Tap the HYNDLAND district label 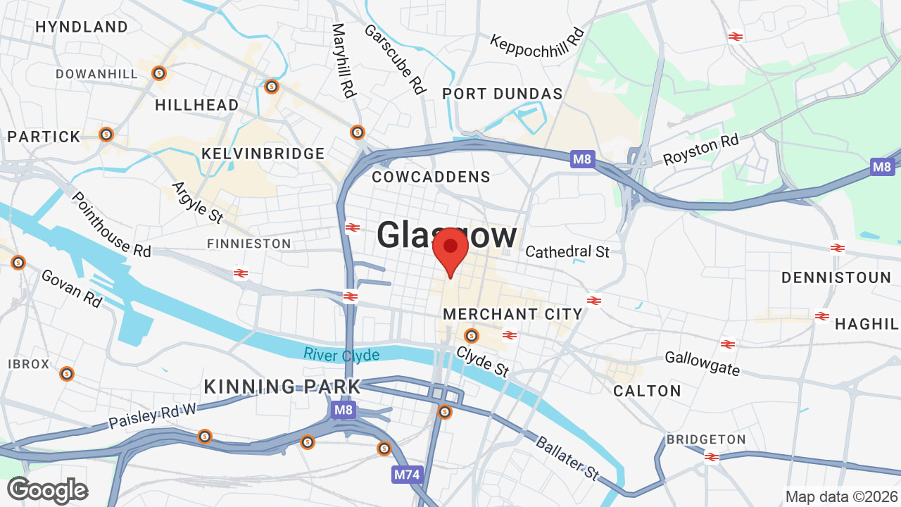coord(82,27)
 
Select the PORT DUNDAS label coord(503,94)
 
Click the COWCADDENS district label coord(431,177)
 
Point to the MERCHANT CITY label coord(513,314)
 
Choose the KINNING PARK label coord(282,387)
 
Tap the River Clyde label coord(342,354)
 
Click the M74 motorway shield coord(406,475)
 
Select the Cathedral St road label coord(567,251)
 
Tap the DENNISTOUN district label coord(836,278)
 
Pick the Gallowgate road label coord(702,363)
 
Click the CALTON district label coord(647,391)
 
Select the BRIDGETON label coord(706,439)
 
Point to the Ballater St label coord(567,458)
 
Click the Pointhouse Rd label coord(111,225)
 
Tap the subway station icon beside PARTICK coord(106,134)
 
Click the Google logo coord(48,490)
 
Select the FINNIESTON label coord(248,244)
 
